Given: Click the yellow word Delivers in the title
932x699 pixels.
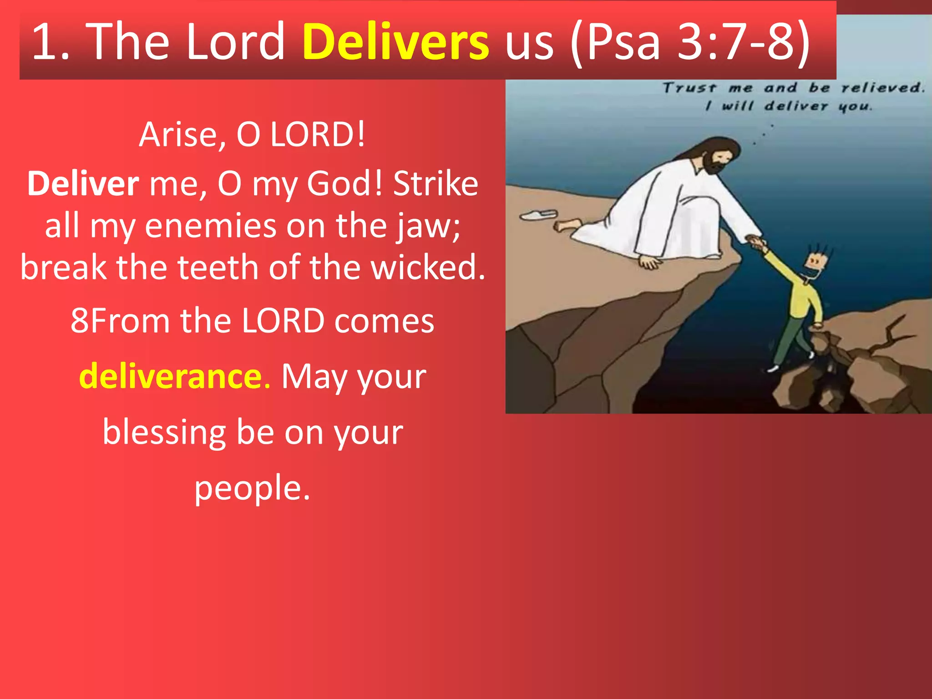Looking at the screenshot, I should click(395, 42).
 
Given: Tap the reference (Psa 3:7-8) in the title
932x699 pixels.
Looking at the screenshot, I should click(689, 42).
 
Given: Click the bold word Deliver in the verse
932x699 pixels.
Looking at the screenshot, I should click(83, 184).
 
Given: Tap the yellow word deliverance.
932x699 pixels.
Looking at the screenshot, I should click(175, 377).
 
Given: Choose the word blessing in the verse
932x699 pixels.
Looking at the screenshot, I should click(164, 432).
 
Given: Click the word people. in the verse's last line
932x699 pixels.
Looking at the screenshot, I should click(252, 488).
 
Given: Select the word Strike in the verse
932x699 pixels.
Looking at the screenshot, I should click(436, 184).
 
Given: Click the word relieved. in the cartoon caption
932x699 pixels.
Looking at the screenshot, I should click(882, 88).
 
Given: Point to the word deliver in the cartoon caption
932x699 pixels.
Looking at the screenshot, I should click(795, 106).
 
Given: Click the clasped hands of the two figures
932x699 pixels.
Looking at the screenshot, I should click(756, 242).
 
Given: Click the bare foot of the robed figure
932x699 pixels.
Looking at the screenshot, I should click(567, 225).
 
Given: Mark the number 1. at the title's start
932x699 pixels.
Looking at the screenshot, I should click(51, 42).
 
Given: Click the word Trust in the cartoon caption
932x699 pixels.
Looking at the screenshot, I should click(689, 88).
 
